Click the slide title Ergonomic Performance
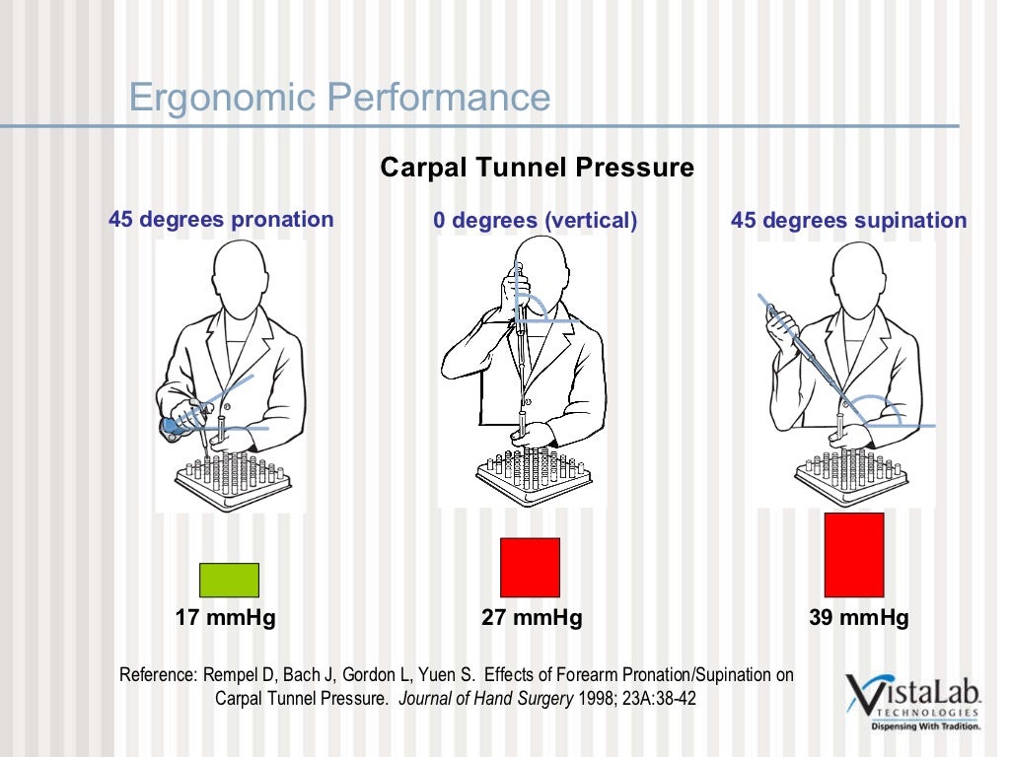tap(339, 99)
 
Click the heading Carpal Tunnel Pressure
tap(537, 168)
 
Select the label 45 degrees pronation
tap(221, 219)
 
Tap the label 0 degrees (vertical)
tap(535, 221)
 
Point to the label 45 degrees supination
tap(848, 221)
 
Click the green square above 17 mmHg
tap(229, 580)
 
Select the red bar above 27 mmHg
tap(530, 567)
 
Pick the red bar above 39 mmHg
tap(853, 554)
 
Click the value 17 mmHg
tap(225, 618)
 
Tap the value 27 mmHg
tap(532, 618)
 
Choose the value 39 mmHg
tap(858, 618)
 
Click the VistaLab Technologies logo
tap(913, 700)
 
